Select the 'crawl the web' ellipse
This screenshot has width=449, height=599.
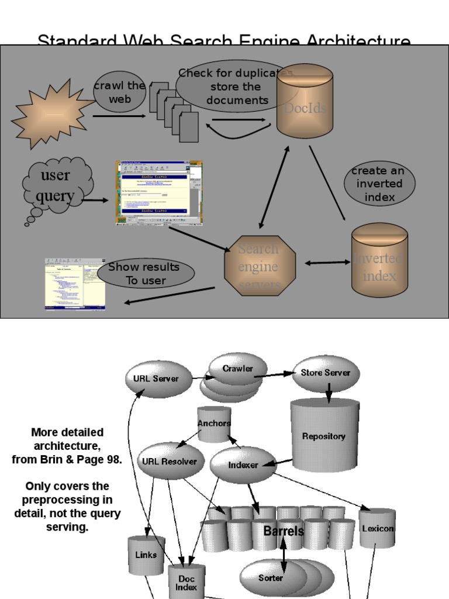tap(119, 92)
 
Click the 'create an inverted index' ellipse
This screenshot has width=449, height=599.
tap(379, 184)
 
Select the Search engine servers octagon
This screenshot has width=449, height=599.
tap(260, 266)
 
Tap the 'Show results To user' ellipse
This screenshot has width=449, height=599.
tap(146, 274)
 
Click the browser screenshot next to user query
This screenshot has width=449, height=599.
tap(160, 193)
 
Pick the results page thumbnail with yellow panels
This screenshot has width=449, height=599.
tap(75, 284)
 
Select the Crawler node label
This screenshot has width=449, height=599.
tap(238, 369)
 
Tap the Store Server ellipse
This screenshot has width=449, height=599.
tap(326, 373)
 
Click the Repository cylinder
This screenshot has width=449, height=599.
tap(324, 435)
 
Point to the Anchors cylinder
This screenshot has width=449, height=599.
tap(214, 424)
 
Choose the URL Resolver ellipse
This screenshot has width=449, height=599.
tap(170, 461)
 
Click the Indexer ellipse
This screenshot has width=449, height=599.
tap(243, 465)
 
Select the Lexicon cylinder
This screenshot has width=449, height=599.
tap(377, 528)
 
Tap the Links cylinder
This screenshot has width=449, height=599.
tap(146, 555)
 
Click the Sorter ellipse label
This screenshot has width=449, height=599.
tap(271, 578)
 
